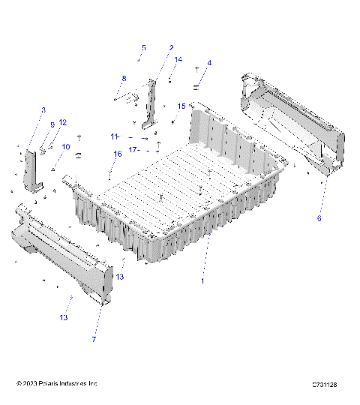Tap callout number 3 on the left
click(43, 110)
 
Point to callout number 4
click(209, 63)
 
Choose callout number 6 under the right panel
click(319, 218)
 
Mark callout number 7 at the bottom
click(94, 340)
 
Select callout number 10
click(65, 147)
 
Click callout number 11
click(115, 136)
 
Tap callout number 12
click(63, 122)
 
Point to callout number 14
click(178, 59)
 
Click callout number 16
click(117, 154)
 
